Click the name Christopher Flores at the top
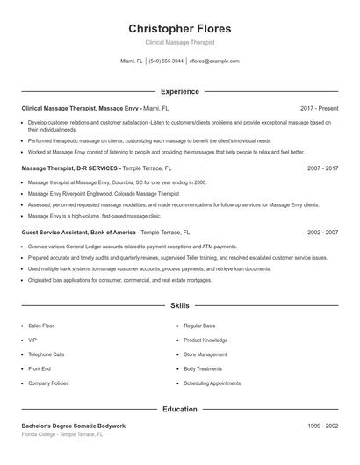(x=179, y=28)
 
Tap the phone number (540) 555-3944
(x=166, y=61)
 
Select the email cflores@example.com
(x=215, y=61)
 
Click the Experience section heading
(x=179, y=91)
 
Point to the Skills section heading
(x=179, y=306)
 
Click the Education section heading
(x=179, y=409)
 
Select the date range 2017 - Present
(x=319, y=108)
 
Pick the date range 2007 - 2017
(x=322, y=168)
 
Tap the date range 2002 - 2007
(x=322, y=232)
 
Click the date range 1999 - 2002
(x=322, y=426)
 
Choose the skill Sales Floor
(x=41, y=325)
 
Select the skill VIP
(x=32, y=340)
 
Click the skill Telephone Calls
(x=46, y=354)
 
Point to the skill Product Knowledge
(x=205, y=340)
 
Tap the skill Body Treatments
(x=203, y=369)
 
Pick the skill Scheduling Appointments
(x=212, y=383)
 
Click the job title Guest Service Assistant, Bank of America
(x=79, y=232)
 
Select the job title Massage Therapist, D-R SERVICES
(x=69, y=168)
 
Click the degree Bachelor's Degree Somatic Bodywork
(x=74, y=426)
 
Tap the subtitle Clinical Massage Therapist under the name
(x=179, y=42)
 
